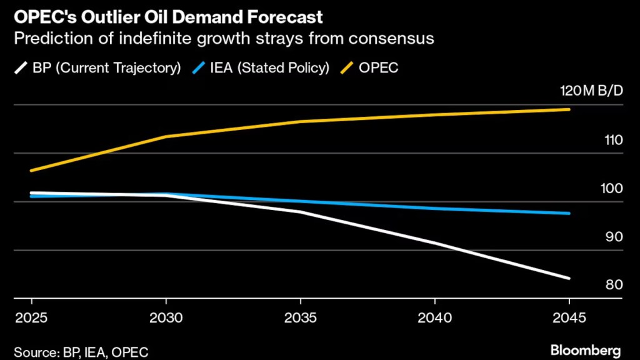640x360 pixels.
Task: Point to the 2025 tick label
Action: [x=27, y=317]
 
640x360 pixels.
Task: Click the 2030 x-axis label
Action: [x=166, y=317]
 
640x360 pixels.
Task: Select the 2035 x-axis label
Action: [x=300, y=317]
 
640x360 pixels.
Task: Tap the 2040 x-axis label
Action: [x=435, y=317]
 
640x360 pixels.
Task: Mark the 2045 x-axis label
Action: [x=569, y=317]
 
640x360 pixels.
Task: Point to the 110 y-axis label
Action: [x=612, y=140]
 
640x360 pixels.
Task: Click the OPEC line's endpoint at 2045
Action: [x=569, y=109]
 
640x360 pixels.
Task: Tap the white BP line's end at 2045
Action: [x=569, y=278]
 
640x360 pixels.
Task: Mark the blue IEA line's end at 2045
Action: [x=569, y=213]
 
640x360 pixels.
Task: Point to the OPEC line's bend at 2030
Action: [x=166, y=136]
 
